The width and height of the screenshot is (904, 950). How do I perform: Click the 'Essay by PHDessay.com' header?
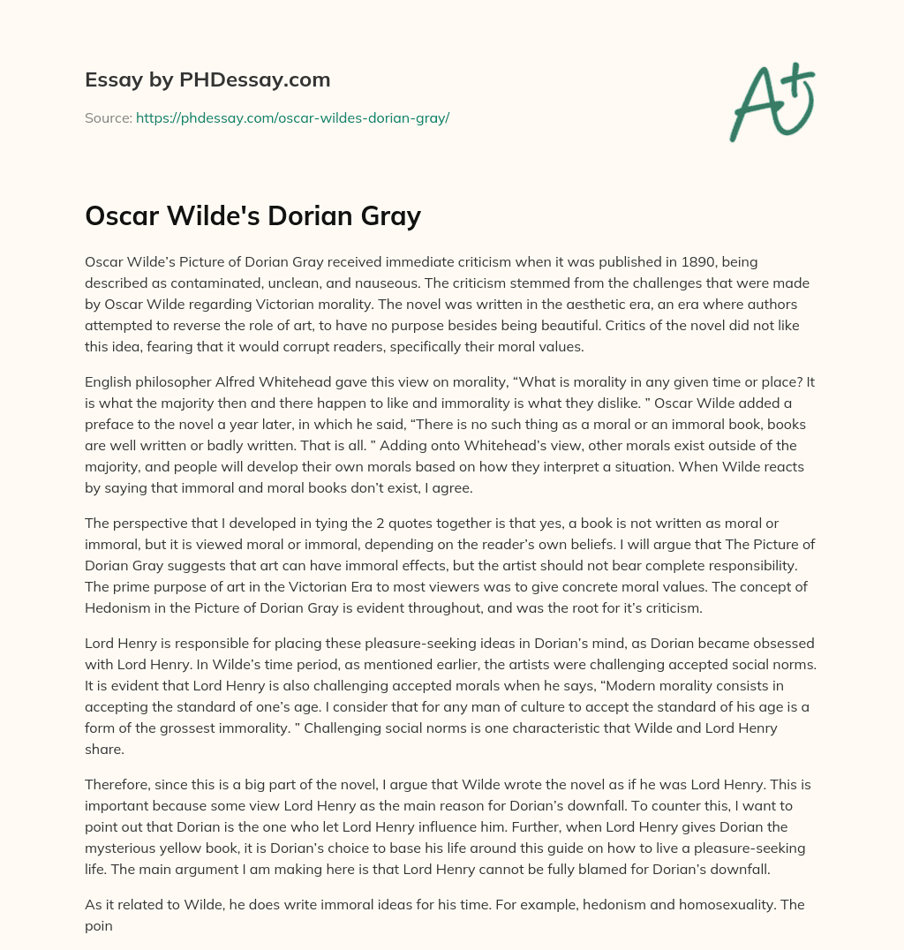click(x=207, y=80)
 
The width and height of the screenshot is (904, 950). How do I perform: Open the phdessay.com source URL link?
click(x=292, y=117)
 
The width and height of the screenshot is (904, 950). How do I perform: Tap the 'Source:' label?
click(x=108, y=117)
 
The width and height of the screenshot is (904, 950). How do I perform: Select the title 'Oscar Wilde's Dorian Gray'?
click(x=252, y=215)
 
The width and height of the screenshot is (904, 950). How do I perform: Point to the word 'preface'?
click(x=108, y=424)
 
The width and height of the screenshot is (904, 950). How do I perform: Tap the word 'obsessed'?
click(x=785, y=643)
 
